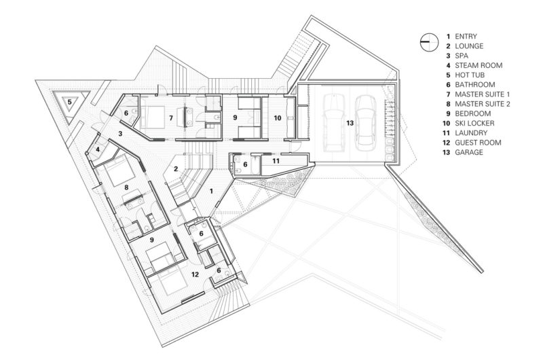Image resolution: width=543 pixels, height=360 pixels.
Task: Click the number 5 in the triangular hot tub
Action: pyautogui.click(x=70, y=102)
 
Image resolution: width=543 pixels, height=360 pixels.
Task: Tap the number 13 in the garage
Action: pyautogui.click(x=350, y=123)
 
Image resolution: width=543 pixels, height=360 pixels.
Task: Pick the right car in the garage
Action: pyautogui.click(x=366, y=122)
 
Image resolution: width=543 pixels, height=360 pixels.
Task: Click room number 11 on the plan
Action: pyautogui.click(x=276, y=161)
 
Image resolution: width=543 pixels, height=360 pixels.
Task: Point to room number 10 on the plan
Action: pyautogui.click(x=278, y=118)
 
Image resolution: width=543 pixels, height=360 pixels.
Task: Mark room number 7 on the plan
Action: pyautogui.click(x=171, y=118)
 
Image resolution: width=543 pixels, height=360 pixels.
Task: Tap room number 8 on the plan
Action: pyautogui.click(x=126, y=187)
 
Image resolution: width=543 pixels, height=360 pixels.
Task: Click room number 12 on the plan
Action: pyautogui.click(x=195, y=274)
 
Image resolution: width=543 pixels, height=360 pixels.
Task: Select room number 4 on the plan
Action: pyautogui.click(x=98, y=149)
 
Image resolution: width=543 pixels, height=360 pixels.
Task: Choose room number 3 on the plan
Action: pyautogui.click(x=120, y=133)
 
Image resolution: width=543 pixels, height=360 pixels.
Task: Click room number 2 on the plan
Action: pyautogui.click(x=176, y=168)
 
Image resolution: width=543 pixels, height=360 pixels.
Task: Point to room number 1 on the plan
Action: pyautogui.click(x=211, y=191)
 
